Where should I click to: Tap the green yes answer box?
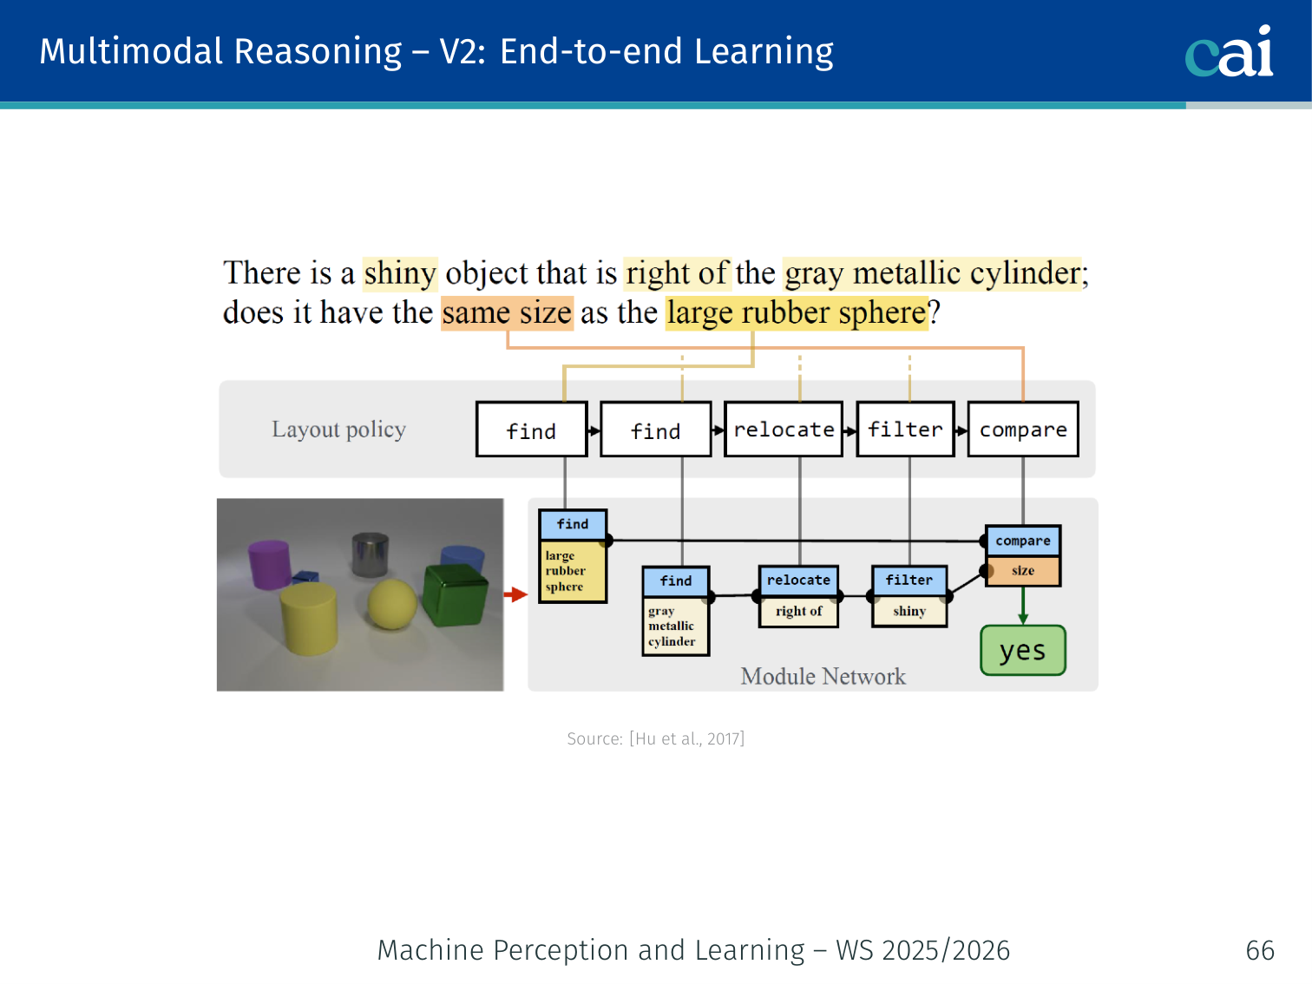click(1023, 651)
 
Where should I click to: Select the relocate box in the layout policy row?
click(783, 430)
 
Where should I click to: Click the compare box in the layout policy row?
click(1023, 430)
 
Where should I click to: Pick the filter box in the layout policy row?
click(905, 430)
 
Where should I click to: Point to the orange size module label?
click(1023, 571)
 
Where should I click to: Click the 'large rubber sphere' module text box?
click(573, 571)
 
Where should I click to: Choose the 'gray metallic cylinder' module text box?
click(675, 626)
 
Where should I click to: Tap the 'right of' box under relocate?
click(798, 611)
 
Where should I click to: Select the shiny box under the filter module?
click(909, 611)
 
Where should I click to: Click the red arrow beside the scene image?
click(515, 594)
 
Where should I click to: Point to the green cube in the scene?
click(455, 595)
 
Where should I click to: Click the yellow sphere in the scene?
click(391, 603)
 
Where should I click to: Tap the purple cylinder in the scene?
click(270, 563)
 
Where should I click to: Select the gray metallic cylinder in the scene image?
click(370, 554)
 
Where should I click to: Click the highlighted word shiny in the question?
click(400, 273)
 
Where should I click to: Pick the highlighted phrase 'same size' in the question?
click(507, 313)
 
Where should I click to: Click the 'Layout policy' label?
click(339, 430)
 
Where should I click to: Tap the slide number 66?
click(1260, 950)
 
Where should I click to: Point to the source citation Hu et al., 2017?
click(656, 739)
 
